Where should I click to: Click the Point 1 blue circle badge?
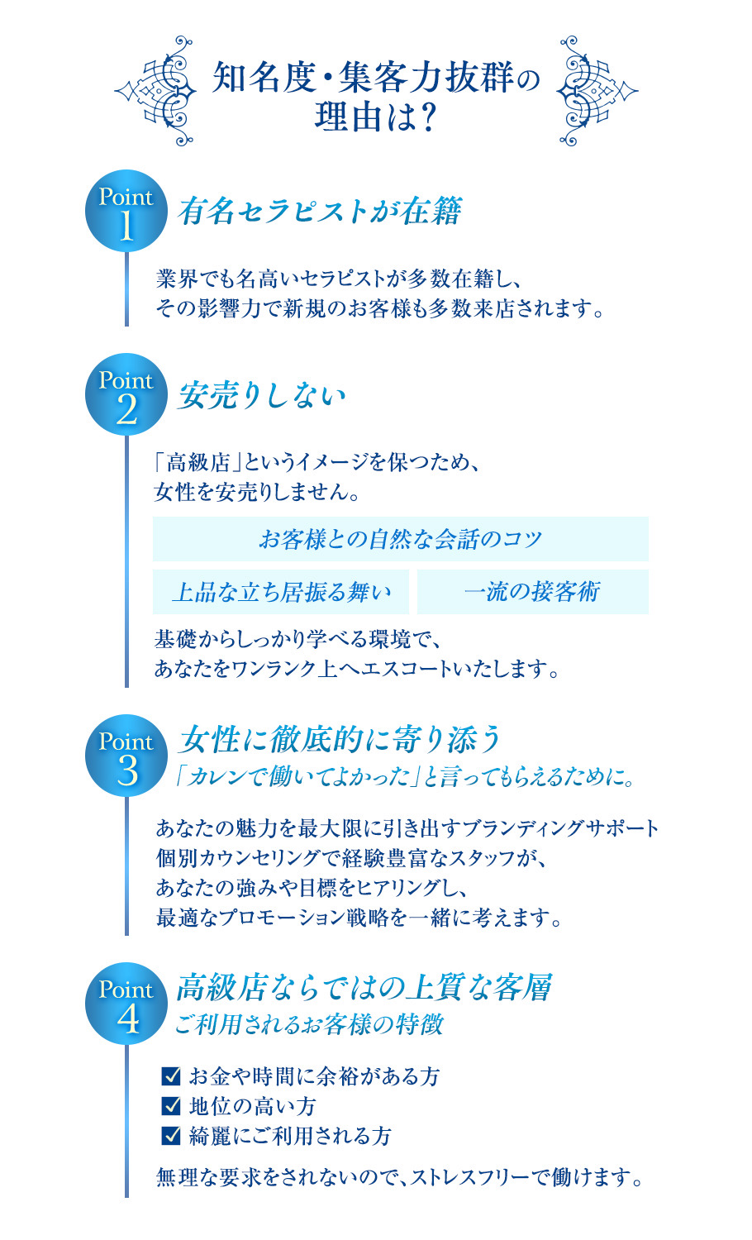[x=126, y=211]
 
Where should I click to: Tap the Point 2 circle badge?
[x=126, y=394]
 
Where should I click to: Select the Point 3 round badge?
[x=126, y=756]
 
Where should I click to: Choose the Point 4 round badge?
[x=126, y=1004]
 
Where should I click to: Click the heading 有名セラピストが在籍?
[x=319, y=212]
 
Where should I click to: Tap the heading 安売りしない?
[x=261, y=395]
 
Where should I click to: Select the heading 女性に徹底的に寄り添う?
[x=340, y=739]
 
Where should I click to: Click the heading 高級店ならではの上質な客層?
[x=364, y=987]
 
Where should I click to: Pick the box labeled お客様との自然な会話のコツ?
[x=400, y=539]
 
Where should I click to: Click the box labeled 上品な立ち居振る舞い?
[x=281, y=592]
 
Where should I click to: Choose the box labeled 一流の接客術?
[x=532, y=592]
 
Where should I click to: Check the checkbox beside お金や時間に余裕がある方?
[x=171, y=1075]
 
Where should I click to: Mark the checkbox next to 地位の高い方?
[x=171, y=1105]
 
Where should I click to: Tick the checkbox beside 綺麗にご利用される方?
[x=171, y=1135]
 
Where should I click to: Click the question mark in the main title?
[x=427, y=117]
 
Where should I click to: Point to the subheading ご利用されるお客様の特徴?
[x=309, y=1024]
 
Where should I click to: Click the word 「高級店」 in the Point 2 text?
[x=193, y=462]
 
